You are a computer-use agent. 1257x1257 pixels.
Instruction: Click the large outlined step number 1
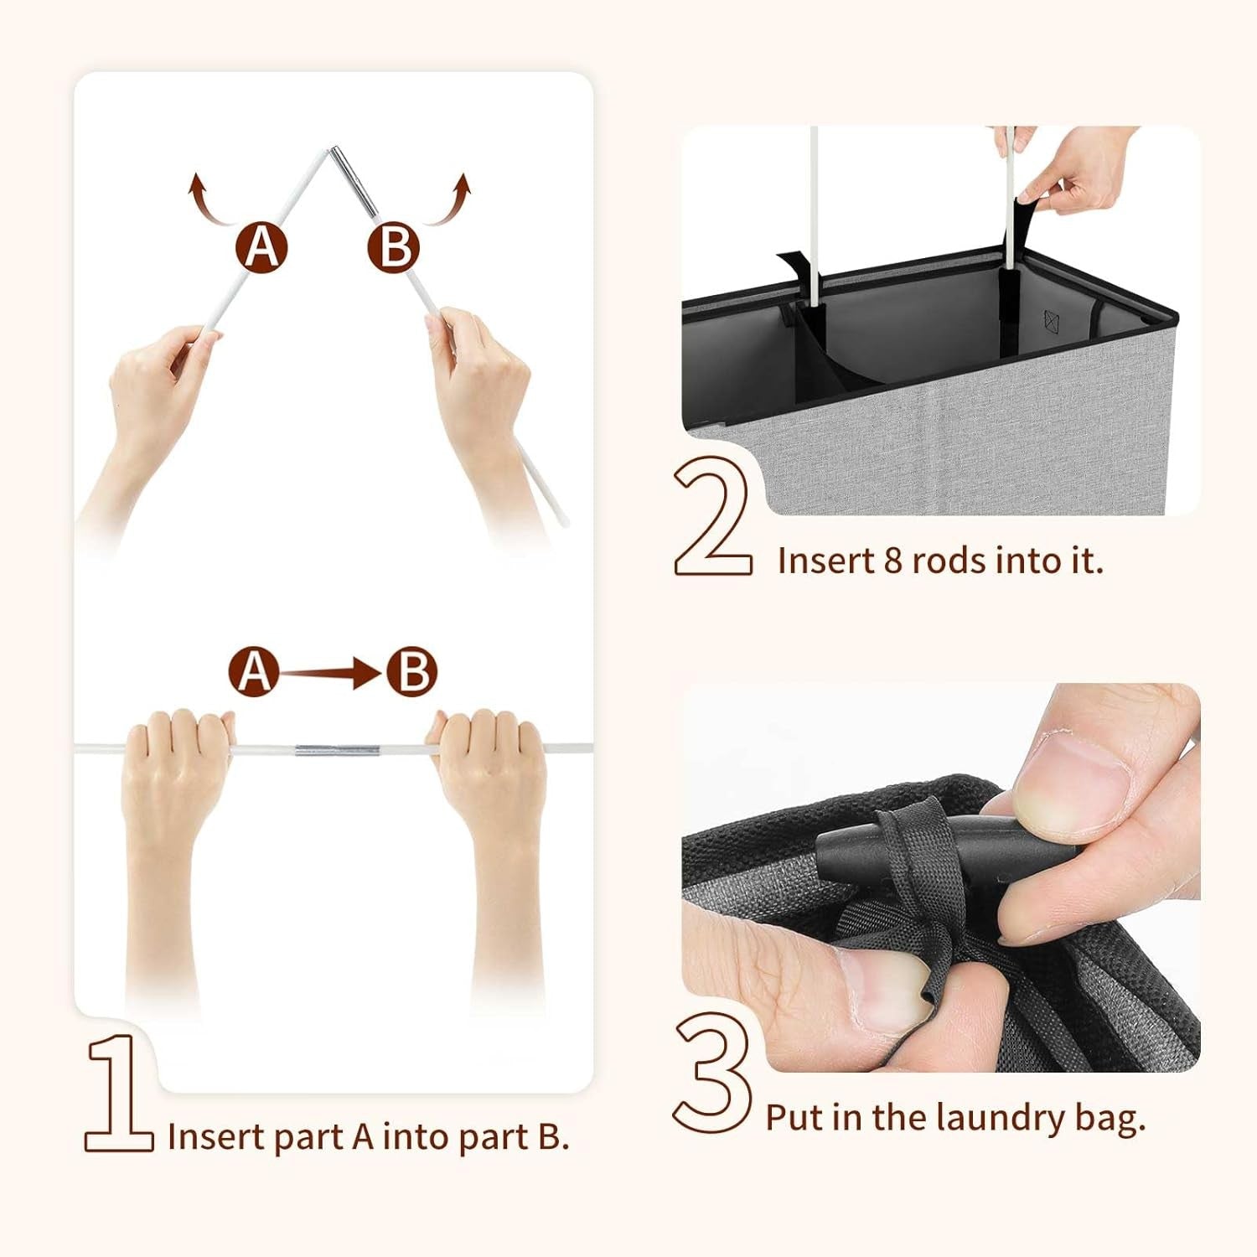tap(117, 1094)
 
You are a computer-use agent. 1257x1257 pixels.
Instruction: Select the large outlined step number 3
tap(712, 1073)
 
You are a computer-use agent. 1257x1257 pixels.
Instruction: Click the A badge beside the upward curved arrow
tap(261, 246)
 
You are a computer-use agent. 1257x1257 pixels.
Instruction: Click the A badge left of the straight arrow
tap(254, 672)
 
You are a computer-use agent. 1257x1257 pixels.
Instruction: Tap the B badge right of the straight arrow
tap(412, 672)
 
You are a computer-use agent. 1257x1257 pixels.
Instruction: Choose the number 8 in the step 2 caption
tap(893, 561)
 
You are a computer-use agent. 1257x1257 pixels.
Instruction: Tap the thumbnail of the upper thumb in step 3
tap(1081, 775)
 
